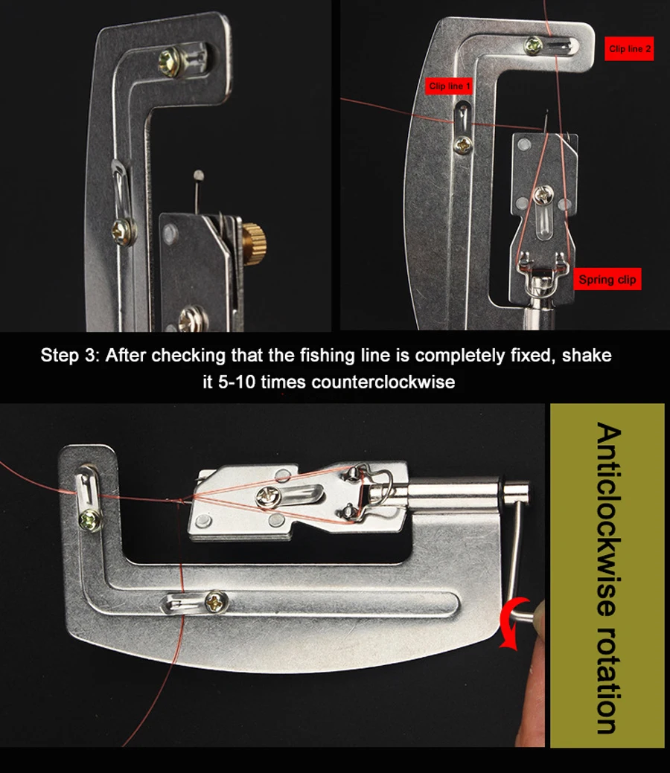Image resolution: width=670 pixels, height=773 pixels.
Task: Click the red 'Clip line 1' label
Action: click(449, 86)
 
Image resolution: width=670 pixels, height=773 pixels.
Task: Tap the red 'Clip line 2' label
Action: click(629, 48)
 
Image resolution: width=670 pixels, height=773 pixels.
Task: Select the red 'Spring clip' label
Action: click(607, 279)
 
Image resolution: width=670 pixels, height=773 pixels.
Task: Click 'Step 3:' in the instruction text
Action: click(69, 355)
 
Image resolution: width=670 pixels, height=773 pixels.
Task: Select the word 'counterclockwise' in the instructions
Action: click(383, 382)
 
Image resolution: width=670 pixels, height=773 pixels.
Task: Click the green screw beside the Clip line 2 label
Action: click(533, 46)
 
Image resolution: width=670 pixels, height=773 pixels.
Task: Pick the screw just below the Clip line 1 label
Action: click(463, 144)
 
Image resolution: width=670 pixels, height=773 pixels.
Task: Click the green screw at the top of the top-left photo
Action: click(169, 62)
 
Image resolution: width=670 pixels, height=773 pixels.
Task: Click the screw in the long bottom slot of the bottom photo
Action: click(215, 601)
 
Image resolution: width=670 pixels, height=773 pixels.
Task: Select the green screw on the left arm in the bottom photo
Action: click(90, 519)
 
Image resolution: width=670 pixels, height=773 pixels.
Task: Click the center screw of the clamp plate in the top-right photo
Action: click(543, 195)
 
